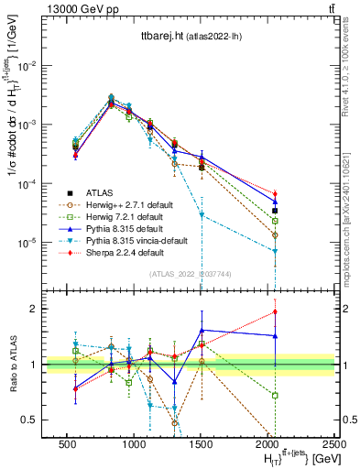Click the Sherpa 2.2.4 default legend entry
tap(117, 251)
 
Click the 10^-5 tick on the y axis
tap(28, 243)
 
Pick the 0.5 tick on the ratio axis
tap(32, 420)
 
